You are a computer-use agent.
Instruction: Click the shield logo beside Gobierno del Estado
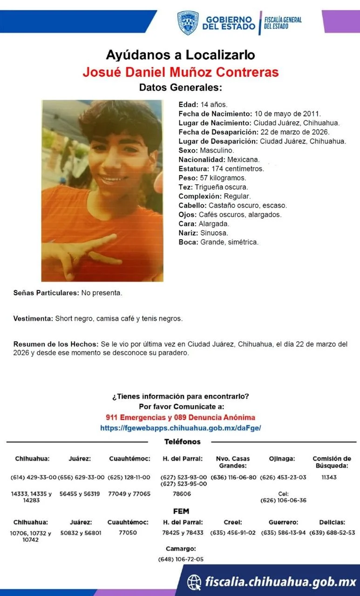coord(188,23)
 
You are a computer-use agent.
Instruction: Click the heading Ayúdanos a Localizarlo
coord(180,55)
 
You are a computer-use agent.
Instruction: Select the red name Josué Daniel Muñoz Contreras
coord(180,72)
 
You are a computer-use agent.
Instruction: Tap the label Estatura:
coord(194,169)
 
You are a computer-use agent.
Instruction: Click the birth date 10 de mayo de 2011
coord(287,114)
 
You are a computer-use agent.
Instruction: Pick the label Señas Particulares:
coord(46,293)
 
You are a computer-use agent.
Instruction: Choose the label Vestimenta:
coord(33,319)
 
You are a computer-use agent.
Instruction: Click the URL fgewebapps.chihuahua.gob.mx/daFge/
coord(180,427)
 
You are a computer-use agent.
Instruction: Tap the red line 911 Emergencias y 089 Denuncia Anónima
coord(180,417)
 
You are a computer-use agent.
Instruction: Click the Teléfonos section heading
coord(183,441)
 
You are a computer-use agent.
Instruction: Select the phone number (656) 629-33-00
coord(80,477)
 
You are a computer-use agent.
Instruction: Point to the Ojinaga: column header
coord(282,459)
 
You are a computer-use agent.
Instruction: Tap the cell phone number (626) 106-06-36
coord(283,501)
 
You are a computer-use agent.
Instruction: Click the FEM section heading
coord(181,511)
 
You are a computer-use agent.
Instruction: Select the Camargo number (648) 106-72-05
coord(181,559)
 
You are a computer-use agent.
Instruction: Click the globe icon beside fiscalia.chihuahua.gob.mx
coord(194,582)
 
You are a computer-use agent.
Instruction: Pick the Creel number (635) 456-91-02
coord(233,533)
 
